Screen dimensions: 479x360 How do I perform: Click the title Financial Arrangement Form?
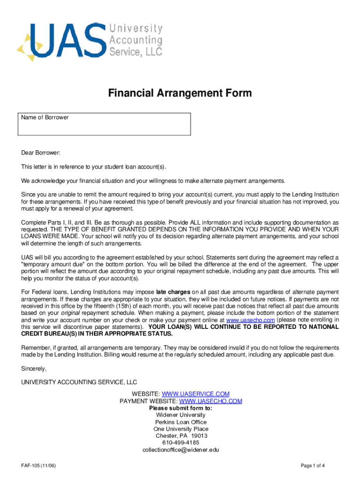(180, 93)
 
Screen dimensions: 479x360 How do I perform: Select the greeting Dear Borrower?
(41, 153)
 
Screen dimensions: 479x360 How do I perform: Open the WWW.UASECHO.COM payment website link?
(210, 401)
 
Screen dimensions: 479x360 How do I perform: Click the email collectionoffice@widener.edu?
(180, 450)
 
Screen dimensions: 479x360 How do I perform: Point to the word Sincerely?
(34, 369)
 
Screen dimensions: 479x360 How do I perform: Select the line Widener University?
(180, 415)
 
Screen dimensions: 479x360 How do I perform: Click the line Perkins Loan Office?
(180, 422)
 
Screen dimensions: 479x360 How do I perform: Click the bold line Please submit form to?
(180, 408)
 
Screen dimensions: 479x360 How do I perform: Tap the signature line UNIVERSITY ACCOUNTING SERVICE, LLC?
(79, 382)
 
